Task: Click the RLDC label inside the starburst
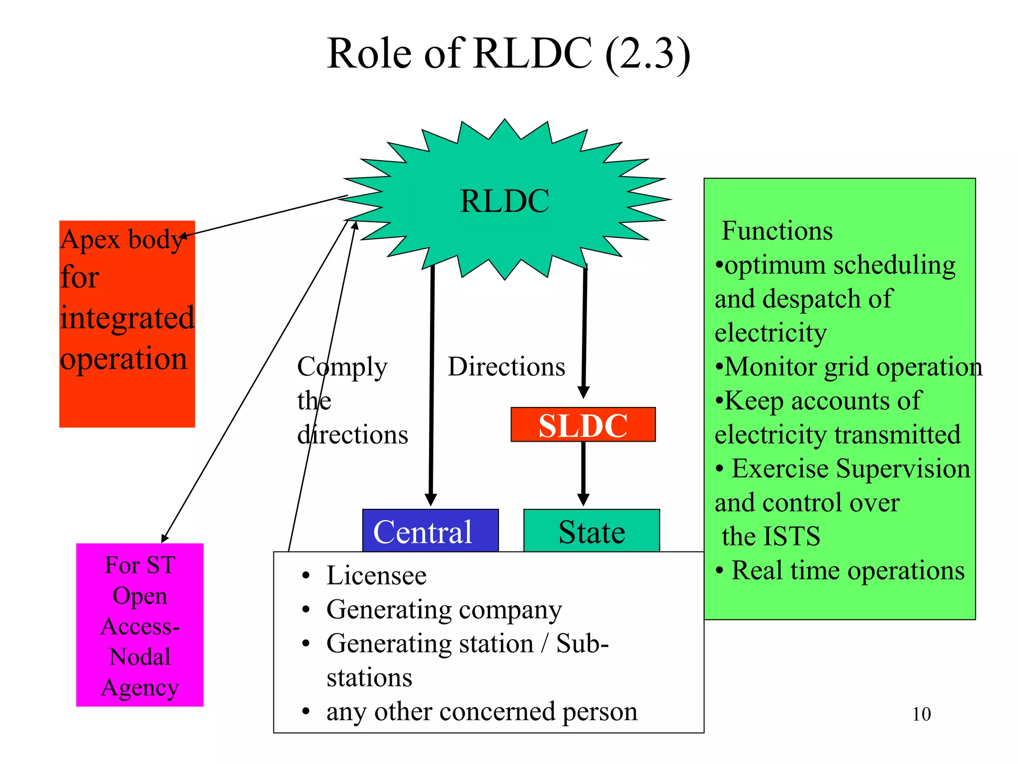505,201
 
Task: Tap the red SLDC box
583,425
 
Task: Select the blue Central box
430,531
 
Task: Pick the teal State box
592,531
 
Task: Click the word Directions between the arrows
506,367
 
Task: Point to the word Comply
342,367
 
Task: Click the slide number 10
921,714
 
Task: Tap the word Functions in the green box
777,231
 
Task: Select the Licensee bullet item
376,576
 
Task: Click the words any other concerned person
481,712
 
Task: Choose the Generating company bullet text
443,610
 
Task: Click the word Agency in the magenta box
140,688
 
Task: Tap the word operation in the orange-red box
123,359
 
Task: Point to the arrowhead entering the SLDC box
584,392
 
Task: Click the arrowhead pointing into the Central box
430,500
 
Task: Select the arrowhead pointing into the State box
583,500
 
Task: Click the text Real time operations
848,571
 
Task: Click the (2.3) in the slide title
647,54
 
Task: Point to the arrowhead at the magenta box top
165,538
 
